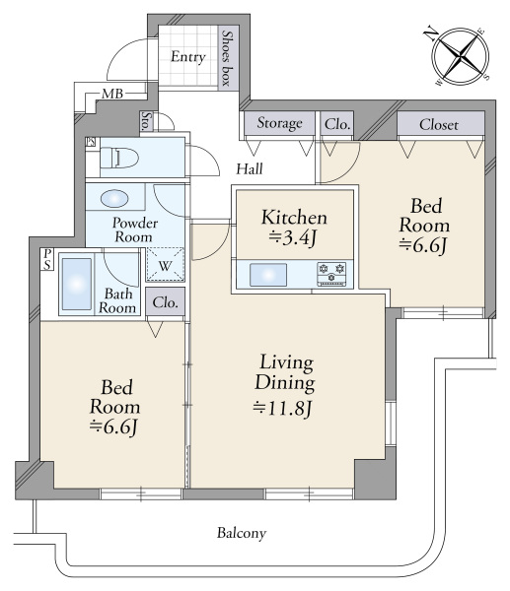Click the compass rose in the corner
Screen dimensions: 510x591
pos(460,56)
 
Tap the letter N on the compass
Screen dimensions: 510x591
pos(431,33)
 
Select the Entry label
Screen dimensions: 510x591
pos(188,56)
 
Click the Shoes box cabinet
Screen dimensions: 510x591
pos(229,58)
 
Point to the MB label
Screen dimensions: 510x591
pos(112,94)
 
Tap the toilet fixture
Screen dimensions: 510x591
pos(117,158)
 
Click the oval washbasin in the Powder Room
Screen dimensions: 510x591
pos(114,198)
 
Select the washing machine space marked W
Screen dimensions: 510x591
pos(165,264)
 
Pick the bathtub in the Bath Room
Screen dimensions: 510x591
pos(77,285)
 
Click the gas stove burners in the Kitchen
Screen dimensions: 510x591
pos(331,274)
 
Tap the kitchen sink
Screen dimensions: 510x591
pos(268,275)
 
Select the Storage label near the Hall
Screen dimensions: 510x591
pos(280,123)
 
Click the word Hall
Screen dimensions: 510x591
pos(250,168)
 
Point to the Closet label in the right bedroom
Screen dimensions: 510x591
pos(439,124)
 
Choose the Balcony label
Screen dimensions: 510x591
pos(242,533)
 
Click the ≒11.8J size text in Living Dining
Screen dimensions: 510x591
pos(283,408)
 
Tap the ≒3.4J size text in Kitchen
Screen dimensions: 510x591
pos(293,237)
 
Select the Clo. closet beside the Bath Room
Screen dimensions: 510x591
pos(166,302)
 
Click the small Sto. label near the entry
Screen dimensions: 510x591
pos(146,121)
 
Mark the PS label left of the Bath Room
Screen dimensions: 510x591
pos(47,259)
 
